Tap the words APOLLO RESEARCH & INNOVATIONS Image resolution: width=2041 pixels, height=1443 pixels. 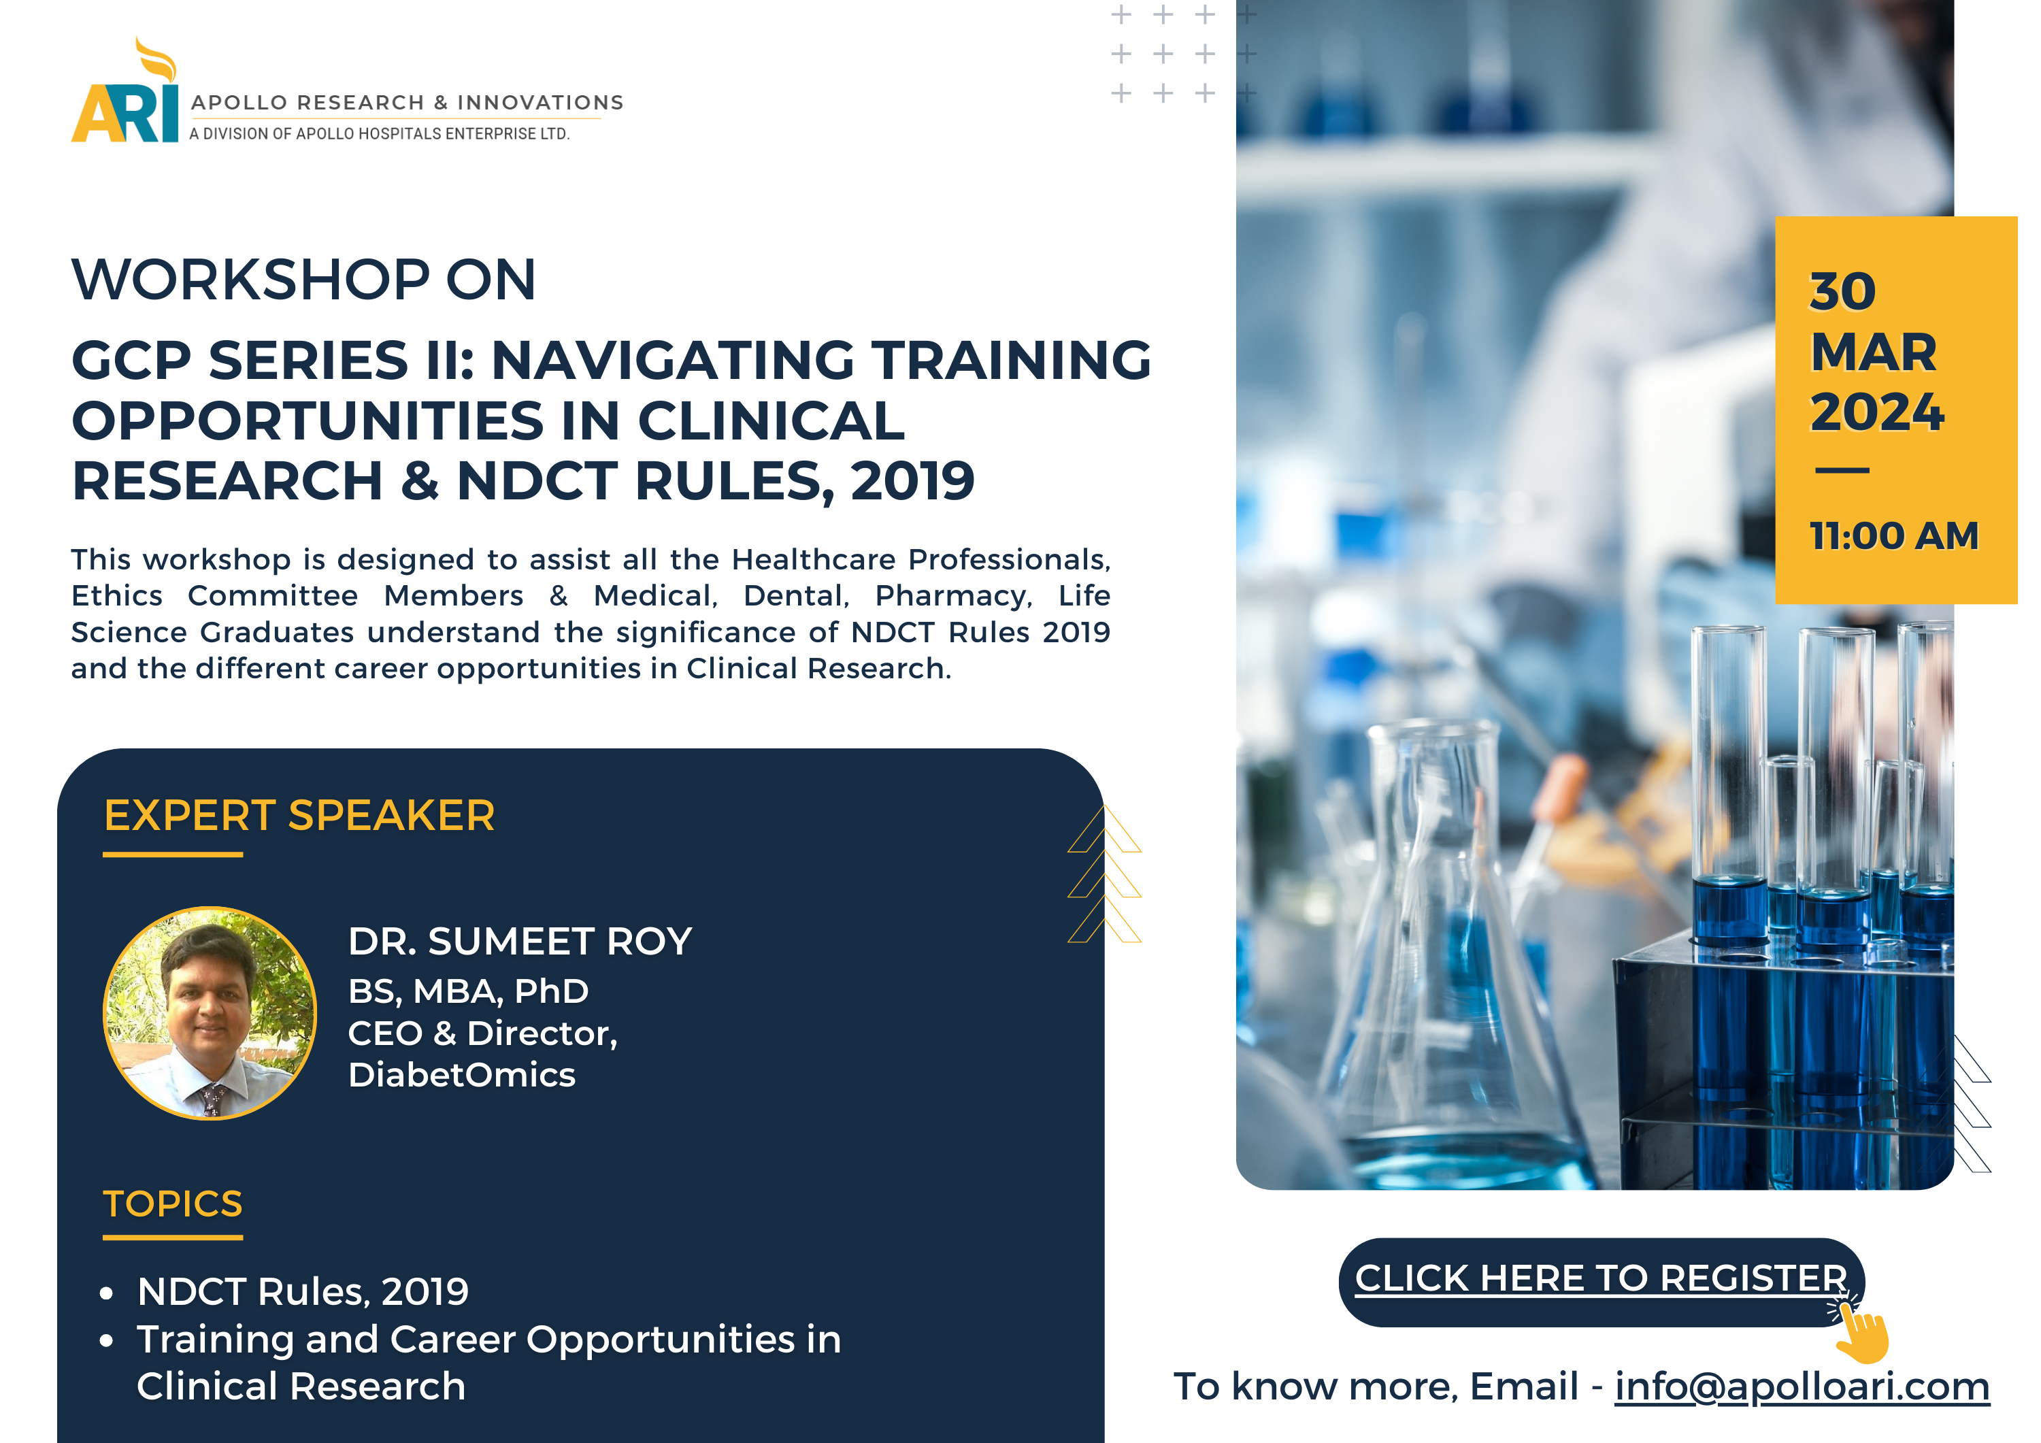(407, 102)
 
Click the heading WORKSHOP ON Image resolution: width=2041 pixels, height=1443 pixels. (304, 279)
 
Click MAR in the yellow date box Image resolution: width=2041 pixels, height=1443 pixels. (1873, 352)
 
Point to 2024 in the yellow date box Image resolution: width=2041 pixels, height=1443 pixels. (1876, 412)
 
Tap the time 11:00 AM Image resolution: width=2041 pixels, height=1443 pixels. (1894, 535)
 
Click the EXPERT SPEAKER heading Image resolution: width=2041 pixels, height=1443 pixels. (299, 815)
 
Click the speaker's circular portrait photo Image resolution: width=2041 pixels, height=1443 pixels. (210, 1012)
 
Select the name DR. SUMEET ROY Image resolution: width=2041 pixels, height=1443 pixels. (520, 941)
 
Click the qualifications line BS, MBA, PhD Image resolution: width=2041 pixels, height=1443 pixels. (469, 991)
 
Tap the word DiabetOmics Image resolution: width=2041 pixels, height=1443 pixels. (462, 1075)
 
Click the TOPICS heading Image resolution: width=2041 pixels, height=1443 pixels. (172, 1204)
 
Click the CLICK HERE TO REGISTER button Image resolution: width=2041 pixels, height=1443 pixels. (1601, 1281)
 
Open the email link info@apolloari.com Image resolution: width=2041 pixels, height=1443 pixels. (1802, 1387)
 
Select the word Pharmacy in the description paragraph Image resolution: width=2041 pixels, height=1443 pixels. (953, 597)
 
